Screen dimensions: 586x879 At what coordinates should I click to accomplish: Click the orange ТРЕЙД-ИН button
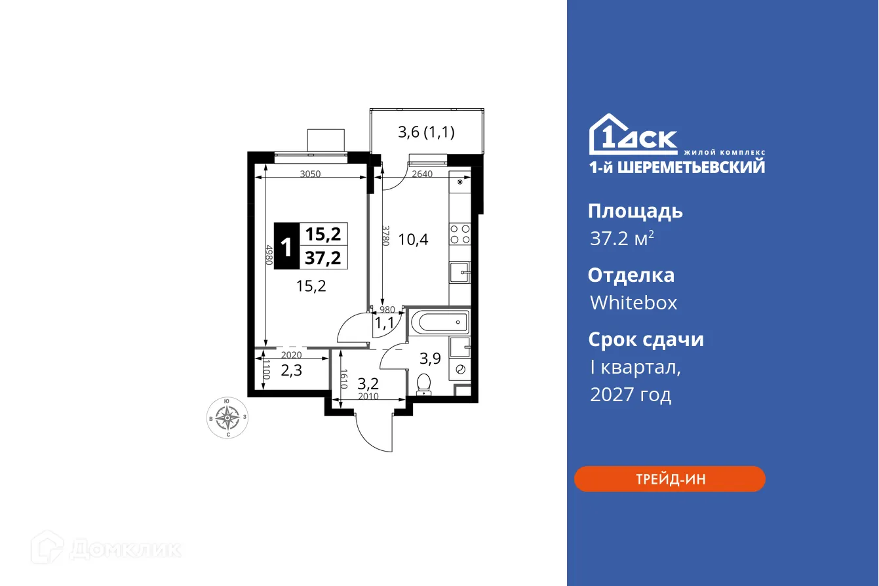[669, 479]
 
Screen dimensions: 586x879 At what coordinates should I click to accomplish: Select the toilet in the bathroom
[424, 384]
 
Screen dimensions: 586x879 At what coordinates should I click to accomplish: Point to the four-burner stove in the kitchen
[459, 234]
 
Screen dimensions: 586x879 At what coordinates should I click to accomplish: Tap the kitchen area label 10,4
[413, 239]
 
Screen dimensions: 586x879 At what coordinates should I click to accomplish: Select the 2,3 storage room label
[291, 370]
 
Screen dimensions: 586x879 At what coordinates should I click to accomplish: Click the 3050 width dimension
[311, 174]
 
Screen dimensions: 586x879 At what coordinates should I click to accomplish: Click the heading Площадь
[635, 211]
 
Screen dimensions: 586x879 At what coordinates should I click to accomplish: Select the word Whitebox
[633, 303]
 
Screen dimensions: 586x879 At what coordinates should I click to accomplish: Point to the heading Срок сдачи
[645, 340]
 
